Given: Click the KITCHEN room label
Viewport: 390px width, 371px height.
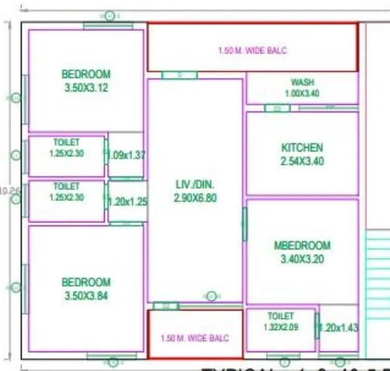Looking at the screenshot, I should tap(302, 148).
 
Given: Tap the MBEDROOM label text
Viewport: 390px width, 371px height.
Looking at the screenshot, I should tap(302, 246).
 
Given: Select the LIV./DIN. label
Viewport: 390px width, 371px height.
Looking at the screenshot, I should tap(195, 184).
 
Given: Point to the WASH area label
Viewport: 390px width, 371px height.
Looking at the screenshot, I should tap(302, 82).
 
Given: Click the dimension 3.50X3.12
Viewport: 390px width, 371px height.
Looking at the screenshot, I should tap(86, 87).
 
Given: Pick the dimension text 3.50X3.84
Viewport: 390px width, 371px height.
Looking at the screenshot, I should tap(86, 295).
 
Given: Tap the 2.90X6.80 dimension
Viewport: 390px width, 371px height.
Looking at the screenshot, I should tap(195, 198).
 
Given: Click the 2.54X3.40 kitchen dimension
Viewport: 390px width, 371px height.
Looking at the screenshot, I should tap(302, 162).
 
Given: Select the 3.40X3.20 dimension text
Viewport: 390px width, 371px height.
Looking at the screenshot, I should tap(302, 259).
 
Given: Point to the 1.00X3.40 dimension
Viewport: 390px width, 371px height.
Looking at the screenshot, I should tap(302, 93).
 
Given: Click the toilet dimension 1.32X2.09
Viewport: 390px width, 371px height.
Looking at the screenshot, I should tap(281, 327).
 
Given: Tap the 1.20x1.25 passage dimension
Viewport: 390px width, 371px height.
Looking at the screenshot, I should tap(128, 202).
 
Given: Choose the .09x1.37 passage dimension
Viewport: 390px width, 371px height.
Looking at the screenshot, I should tap(126, 155).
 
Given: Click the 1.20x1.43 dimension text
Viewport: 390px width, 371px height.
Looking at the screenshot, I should tap(339, 328).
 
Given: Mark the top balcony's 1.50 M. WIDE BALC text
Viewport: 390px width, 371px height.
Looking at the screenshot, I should tap(253, 50).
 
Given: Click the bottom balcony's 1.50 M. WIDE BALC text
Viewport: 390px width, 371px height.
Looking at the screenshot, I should tap(195, 338).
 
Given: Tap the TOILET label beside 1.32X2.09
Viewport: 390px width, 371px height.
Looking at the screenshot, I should tap(281, 316).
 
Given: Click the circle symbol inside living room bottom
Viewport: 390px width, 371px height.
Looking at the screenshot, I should tap(212, 296).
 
